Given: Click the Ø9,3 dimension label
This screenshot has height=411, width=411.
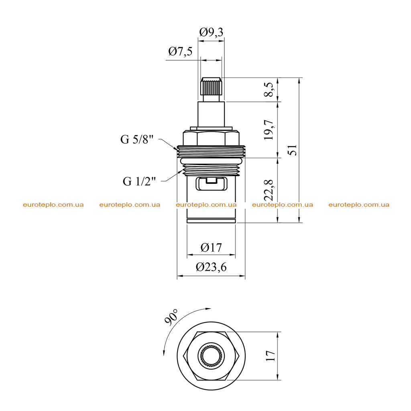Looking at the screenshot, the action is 211,32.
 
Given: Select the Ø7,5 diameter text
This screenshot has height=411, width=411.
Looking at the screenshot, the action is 180,51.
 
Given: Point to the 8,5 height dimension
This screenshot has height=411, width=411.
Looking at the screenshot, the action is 270,90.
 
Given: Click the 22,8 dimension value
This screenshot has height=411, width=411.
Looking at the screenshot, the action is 269,190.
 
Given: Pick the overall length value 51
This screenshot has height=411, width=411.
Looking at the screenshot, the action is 293,150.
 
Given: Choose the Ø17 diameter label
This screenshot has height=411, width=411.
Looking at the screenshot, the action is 211,247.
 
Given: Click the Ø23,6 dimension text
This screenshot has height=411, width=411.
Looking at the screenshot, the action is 211,267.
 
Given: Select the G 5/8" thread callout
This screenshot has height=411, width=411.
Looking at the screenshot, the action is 137,139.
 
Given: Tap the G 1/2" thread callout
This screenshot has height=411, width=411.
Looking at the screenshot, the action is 139,181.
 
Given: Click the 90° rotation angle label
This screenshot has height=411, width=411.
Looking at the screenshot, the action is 171,317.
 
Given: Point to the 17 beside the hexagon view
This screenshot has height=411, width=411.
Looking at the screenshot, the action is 271,356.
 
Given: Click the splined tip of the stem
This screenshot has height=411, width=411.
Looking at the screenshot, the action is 211,86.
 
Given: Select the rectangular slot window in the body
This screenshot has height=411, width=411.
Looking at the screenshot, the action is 211,183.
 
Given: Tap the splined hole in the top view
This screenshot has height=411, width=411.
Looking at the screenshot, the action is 211,356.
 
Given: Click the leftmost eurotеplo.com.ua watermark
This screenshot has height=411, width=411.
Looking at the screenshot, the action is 53,205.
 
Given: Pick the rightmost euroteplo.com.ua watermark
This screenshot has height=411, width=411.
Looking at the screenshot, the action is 359,205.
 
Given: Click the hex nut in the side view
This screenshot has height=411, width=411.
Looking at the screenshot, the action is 211,138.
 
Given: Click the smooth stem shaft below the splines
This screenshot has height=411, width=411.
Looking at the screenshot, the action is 211,114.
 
